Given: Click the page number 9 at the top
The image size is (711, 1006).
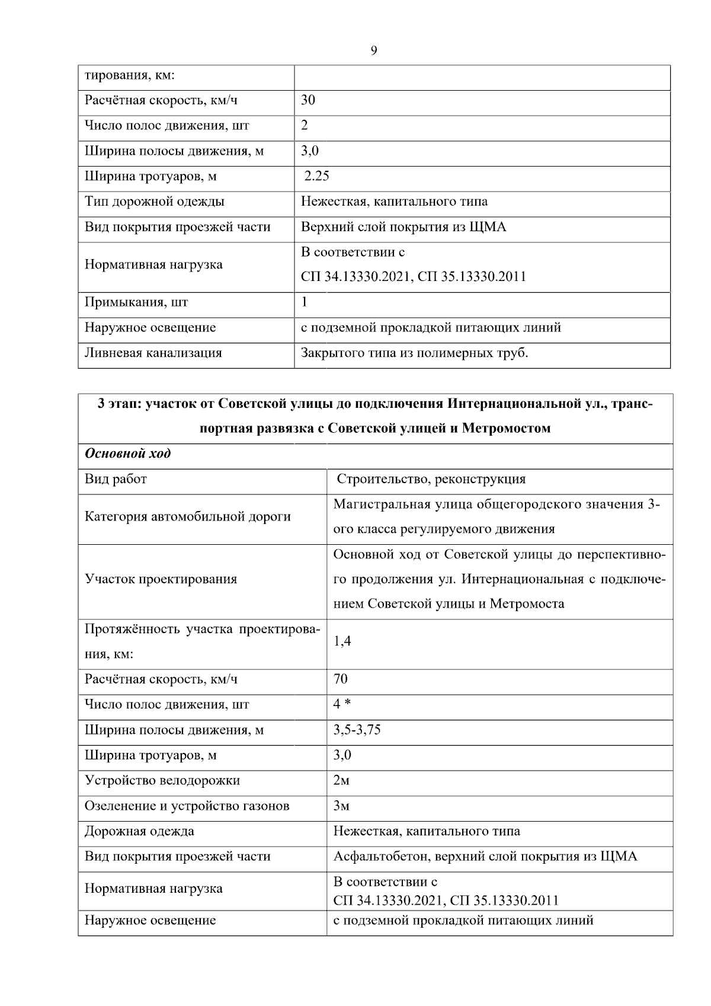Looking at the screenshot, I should pos(373,51).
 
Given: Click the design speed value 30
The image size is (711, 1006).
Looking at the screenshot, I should pos(308,100).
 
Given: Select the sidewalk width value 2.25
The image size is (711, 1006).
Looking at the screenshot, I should pos(316,176).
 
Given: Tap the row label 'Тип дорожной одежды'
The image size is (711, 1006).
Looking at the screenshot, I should pos(155,202).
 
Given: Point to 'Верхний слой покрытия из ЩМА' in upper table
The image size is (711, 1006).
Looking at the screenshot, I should pos(403,227).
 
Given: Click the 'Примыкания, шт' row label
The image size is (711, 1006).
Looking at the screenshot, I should pos(136,302).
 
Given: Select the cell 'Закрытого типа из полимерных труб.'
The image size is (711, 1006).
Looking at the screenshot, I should pos(414,353).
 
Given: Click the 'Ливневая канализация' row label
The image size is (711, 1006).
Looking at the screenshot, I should pos(153,353).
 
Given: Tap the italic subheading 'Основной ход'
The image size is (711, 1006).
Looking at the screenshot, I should pos(128,454).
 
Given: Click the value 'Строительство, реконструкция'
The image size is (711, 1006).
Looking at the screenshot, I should pos(431,479).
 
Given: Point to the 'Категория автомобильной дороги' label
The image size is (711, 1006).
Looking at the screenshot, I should pos(188,517).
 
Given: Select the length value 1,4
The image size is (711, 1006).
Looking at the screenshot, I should pos(342,641).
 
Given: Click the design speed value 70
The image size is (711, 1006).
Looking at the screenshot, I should pos(341,679).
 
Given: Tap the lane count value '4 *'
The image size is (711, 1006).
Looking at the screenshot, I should pos(342,704).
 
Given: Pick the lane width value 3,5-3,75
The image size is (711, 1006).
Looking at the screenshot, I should pos(357,730).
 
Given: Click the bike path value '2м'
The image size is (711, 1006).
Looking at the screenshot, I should pos(341,781).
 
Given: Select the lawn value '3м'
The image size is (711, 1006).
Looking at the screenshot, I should pos(341,806).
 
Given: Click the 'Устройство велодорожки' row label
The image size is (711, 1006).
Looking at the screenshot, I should pos(162,781).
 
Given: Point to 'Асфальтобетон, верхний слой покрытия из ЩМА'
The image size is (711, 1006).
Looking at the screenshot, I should pos(485,857).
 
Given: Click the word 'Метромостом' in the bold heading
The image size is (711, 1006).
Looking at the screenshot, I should pos(506,428).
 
